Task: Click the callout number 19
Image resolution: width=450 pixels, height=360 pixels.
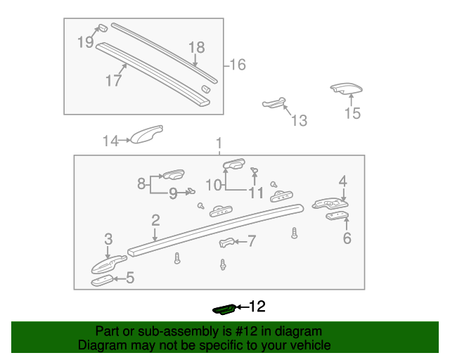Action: [85, 42]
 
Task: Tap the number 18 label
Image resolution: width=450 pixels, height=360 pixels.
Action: [196, 47]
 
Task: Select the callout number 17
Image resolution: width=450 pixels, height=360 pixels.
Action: [114, 80]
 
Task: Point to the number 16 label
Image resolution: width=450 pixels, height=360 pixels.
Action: [238, 65]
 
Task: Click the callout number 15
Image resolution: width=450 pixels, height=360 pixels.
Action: [352, 112]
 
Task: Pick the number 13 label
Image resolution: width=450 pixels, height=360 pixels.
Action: [299, 121]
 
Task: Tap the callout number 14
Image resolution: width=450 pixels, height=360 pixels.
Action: [111, 141]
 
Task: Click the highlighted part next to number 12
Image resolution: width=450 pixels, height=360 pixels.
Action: [224, 307]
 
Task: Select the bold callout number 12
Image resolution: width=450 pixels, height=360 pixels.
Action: [257, 307]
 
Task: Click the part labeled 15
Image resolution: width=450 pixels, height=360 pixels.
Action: [347, 89]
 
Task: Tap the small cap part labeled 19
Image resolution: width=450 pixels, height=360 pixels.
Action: [101, 29]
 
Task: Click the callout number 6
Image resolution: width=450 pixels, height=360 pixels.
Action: [347, 238]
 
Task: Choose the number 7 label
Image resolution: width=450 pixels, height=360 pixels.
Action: [251, 242]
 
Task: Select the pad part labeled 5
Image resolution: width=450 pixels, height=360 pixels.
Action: [103, 281]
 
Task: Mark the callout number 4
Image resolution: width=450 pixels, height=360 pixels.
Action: [342, 181]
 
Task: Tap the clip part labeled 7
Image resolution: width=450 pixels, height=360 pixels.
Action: [226, 243]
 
